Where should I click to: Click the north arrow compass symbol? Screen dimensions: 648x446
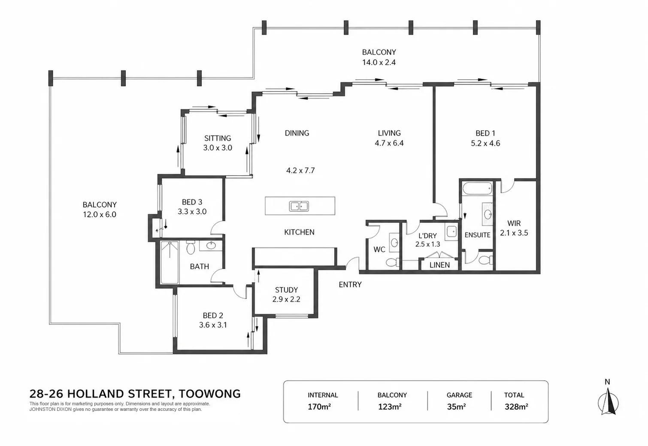pos(608,402)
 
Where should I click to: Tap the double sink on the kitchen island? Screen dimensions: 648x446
pos(299,206)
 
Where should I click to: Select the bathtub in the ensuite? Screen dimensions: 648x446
pos(477,189)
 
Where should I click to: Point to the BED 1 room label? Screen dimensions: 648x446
pos(485,133)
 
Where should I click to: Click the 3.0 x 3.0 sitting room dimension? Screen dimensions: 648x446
pos(218,148)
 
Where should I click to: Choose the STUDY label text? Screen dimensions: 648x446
pos(286,290)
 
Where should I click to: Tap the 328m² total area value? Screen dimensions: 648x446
pos(516,407)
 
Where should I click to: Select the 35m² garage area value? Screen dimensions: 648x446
pos(456,407)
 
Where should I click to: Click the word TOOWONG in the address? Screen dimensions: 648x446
pos(210,394)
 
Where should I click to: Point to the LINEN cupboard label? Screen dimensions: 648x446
pos(440,265)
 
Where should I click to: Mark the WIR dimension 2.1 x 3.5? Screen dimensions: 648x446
pos(514,233)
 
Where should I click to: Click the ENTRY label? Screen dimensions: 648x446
pos(350,284)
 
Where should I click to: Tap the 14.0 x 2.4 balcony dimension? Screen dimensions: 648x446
pos(379,63)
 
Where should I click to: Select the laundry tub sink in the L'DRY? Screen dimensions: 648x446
pos(451,232)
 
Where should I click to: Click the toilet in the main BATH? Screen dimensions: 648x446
pos(191,247)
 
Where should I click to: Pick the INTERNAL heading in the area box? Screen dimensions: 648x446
pos(323,395)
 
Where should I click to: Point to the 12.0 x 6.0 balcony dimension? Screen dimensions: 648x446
pos(100,215)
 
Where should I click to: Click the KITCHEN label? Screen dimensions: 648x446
pos(299,232)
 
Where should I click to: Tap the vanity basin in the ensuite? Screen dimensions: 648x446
pos(488,214)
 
